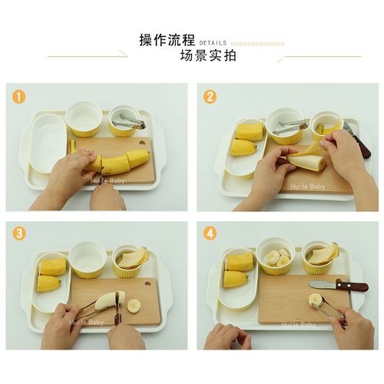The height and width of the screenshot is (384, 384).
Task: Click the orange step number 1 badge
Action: point(18,97)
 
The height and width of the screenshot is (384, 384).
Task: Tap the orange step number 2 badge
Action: point(209,97)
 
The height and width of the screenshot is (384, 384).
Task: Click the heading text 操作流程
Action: point(167,40)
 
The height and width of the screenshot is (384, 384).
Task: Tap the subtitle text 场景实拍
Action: point(207,56)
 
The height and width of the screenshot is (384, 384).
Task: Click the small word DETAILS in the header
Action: point(213,43)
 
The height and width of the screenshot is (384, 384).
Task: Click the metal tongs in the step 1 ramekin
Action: point(129,121)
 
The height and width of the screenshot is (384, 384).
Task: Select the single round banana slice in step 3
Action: point(134,306)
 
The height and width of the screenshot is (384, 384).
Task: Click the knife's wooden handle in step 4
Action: point(353,286)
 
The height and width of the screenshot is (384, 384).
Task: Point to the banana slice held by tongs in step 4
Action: point(316,300)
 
